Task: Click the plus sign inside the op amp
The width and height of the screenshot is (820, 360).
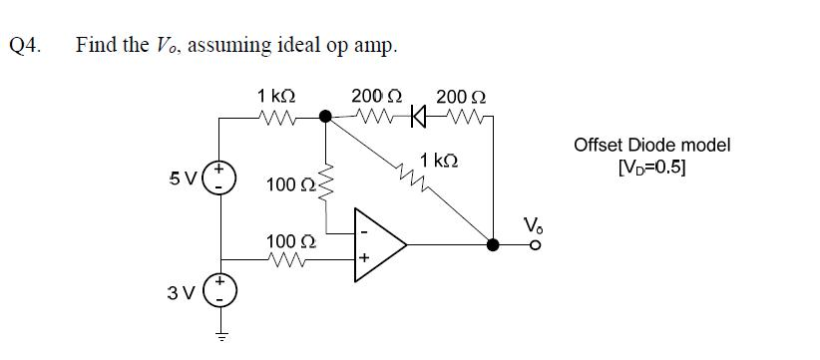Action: tap(366, 256)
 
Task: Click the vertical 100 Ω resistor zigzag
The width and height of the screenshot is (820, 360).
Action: tap(324, 180)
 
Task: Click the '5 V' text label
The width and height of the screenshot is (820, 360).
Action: tap(182, 180)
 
